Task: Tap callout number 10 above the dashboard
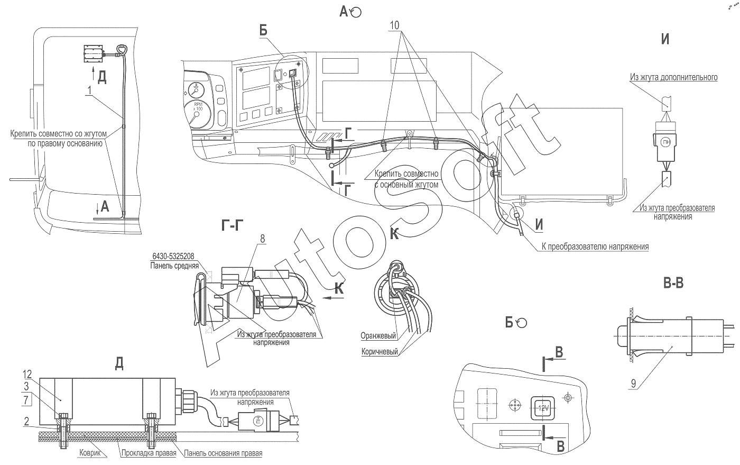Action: pyautogui.click(x=394, y=25)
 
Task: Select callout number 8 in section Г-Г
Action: pyautogui.click(x=263, y=239)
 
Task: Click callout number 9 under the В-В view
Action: pyautogui.click(x=633, y=384)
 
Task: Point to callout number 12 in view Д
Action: pyautogui.click(x=27, y=374)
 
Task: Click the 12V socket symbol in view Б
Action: pyautogui.click(x=543, y=408)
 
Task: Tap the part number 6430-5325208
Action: pyautogui.click(x=173, y=257)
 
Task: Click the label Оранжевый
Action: pyautogui.click(x=378, y=336)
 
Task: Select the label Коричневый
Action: pyautogui.click(x=380, y=352)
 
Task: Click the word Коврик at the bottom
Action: pyautogui.click(x=90, y=453)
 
